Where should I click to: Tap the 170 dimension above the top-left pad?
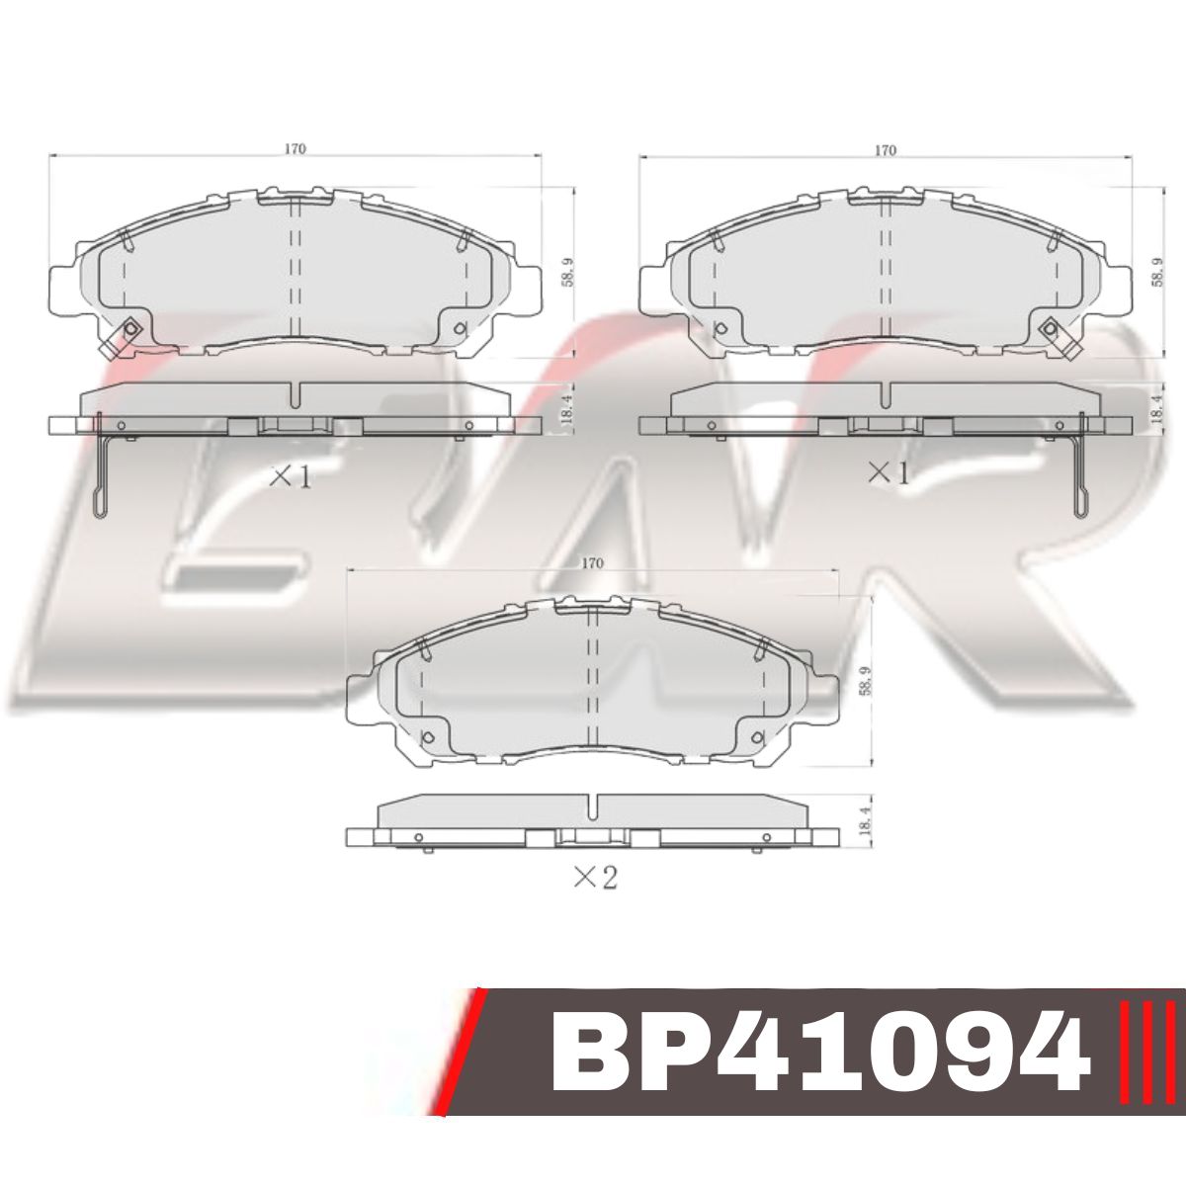[x=296, y=149]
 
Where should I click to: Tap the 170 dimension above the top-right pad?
[x=885, y=149]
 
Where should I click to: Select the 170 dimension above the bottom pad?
[x=591, y=562]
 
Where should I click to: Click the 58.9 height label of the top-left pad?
[x=567, y=273]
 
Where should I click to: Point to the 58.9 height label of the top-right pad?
[x=1157, y=273]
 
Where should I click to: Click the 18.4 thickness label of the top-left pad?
[x=567, y=404]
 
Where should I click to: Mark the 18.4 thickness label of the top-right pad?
[x=1157, y=404]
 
